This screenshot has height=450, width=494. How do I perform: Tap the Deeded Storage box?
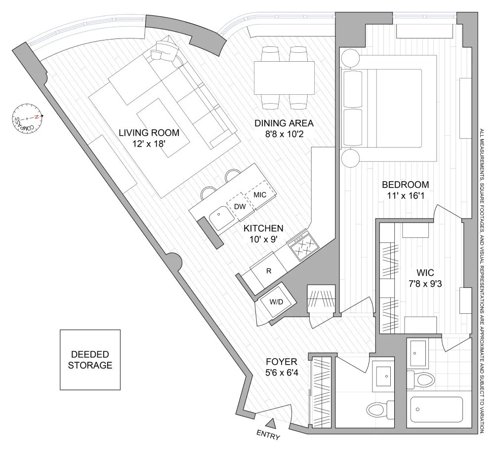pyautogui.click(x=90, y=360)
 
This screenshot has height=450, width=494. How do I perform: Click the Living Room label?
pyautogui.click(x=149, y=132)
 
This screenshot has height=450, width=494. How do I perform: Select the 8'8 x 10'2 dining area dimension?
pyautogui.click(x=284, y=134)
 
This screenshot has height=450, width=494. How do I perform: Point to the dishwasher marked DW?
pyautogui.click(x=240, y=207)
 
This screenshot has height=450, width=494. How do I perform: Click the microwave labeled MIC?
pyautogui.click(x=260, y=195)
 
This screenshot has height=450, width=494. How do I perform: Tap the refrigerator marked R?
pyautogui.click(x=269, y=271)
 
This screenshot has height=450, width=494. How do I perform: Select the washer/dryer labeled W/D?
pyautogui.click(x=276, y=302)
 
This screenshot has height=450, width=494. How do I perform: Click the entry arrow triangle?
pyautogui.click(x=271, y=423)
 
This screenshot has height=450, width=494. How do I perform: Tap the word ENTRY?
pyautogui.click(x=268, y=435)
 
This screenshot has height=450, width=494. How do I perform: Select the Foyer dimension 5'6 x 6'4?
pyautogui.click(x=282, y=373)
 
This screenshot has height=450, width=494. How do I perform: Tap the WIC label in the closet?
pyautogui.click(x=425, y=272)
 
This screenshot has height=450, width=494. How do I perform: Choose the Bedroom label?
pyautogui.click(x=406, y=185)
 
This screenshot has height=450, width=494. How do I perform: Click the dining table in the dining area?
pyautogui.click(x=284, y=78)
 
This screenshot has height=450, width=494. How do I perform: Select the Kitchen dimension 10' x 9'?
pyautogui.click(x=264, y=239)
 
